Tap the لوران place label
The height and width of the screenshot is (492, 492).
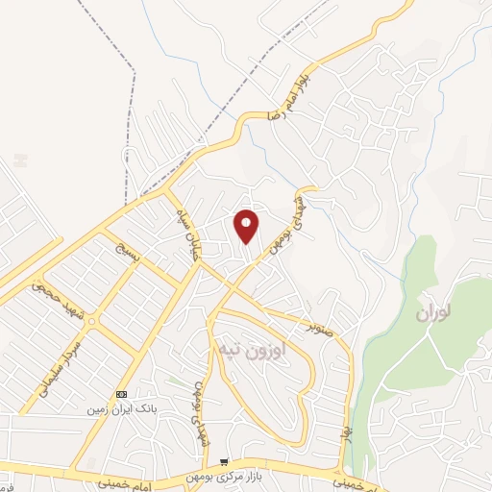pyautogui.click(x=434, y=313)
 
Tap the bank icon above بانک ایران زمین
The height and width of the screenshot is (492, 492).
pyautogui.click(x=121, y=395)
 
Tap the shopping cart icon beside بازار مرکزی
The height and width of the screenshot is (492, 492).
pyautogui.click(x=224, y=463)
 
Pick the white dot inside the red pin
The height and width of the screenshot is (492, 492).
pyautogui.click(x=247, y=222)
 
